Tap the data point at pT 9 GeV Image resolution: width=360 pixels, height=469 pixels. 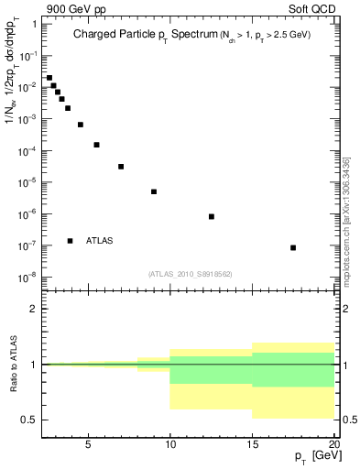(x=154, y=191)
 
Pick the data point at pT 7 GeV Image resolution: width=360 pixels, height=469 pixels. (x=121, y=167)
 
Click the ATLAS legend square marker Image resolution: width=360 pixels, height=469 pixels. (x=70, y=241)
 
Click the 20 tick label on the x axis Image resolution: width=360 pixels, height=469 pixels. (x=333, y=444)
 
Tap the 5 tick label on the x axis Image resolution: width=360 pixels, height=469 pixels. (x=88, y=444)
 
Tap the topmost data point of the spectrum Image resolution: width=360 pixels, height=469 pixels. (x=49, y=78)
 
